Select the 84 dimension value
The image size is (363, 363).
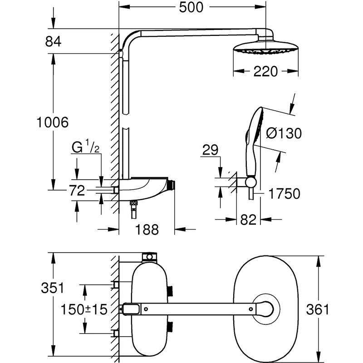coord(53,42)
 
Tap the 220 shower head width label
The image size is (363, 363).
coord(265,71)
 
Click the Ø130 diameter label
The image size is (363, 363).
coord(284,133)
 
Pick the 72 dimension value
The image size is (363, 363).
coord(78,191)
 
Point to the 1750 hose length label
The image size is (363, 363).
coord(284,194)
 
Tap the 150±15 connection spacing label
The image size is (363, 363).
coord(84,310)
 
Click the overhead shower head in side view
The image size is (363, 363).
coord(265,49)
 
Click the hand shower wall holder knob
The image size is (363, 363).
coord(250,182)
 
